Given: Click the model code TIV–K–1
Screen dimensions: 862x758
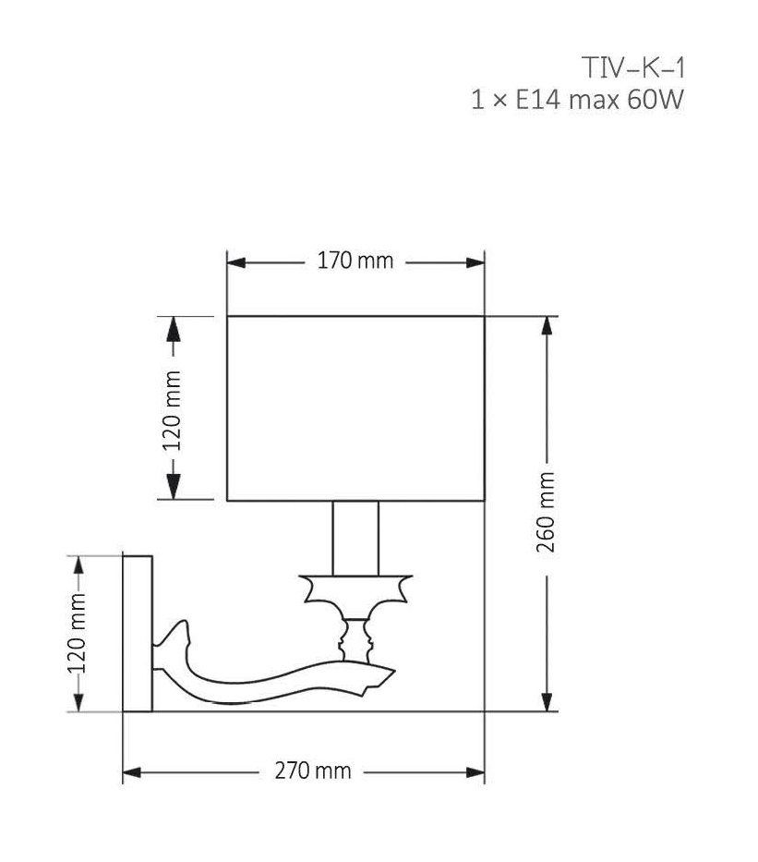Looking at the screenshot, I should point(633,67).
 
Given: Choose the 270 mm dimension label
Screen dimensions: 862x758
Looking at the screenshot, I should point(313,771).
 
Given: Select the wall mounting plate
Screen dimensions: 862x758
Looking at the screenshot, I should point(138,633).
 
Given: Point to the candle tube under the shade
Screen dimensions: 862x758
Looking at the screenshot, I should point(355,538).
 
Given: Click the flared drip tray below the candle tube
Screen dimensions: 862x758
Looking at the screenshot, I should point(355,588).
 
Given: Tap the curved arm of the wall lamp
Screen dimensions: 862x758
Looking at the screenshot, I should point(268,679).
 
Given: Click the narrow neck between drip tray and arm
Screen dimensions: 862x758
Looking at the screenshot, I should point(355,636).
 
